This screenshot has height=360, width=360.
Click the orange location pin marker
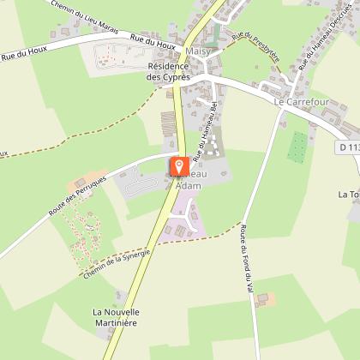pyautogui.click(x=178, y=165)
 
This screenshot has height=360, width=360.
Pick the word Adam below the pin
pyautogui.click(x=188, y=186)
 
